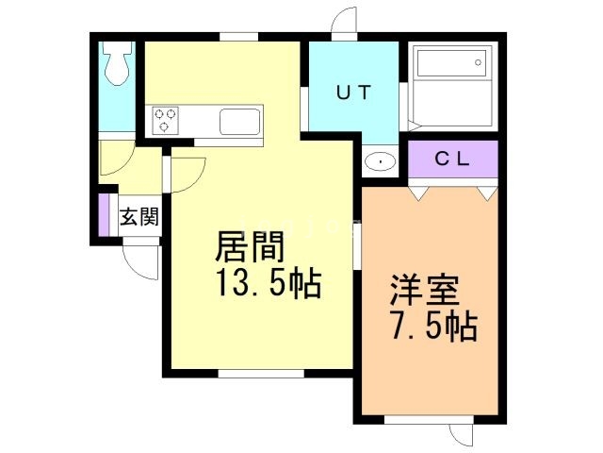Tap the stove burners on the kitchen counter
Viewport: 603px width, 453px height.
166,120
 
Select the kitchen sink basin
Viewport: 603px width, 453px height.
239,122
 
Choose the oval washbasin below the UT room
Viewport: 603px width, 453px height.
381,160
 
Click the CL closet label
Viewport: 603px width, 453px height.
451,159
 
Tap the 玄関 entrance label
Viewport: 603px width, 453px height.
138,217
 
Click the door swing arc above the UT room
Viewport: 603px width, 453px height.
344,21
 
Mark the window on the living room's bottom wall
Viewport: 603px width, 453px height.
261,372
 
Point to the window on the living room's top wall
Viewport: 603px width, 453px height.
239,37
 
